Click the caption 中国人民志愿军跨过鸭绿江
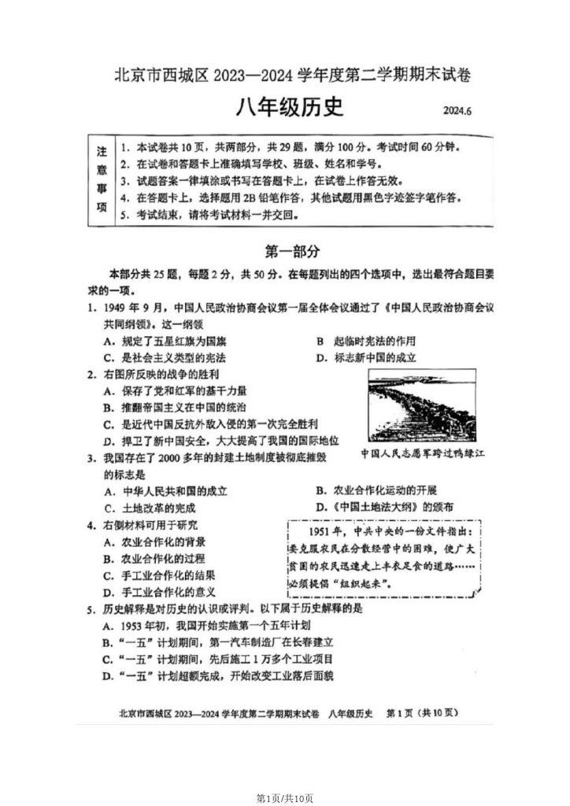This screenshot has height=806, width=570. click(423, 454)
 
